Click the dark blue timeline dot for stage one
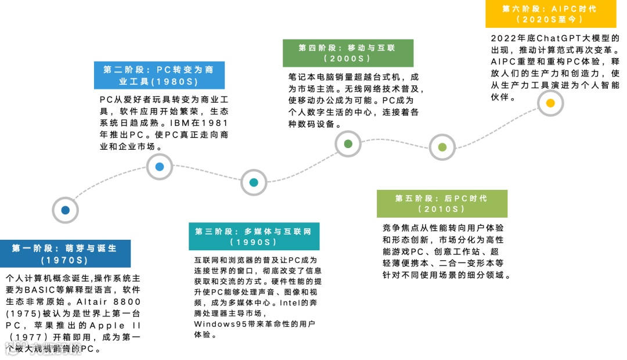[x=65, y=210]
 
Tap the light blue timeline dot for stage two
[x=160, y=167]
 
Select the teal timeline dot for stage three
[x=254, y=182]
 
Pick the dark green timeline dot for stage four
[x=348, y=144]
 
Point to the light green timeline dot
[x=442, y=147]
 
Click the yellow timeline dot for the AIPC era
[x=550, y=103]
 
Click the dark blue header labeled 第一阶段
[x=64, y=254]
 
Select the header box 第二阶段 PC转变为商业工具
[x=159, y=75]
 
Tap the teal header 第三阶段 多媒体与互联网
[x=253, y=236]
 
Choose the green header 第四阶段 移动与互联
[x=347, y=53]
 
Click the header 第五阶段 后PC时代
[x=442, y=203]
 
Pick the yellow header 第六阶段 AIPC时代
[x=550, y=14]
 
